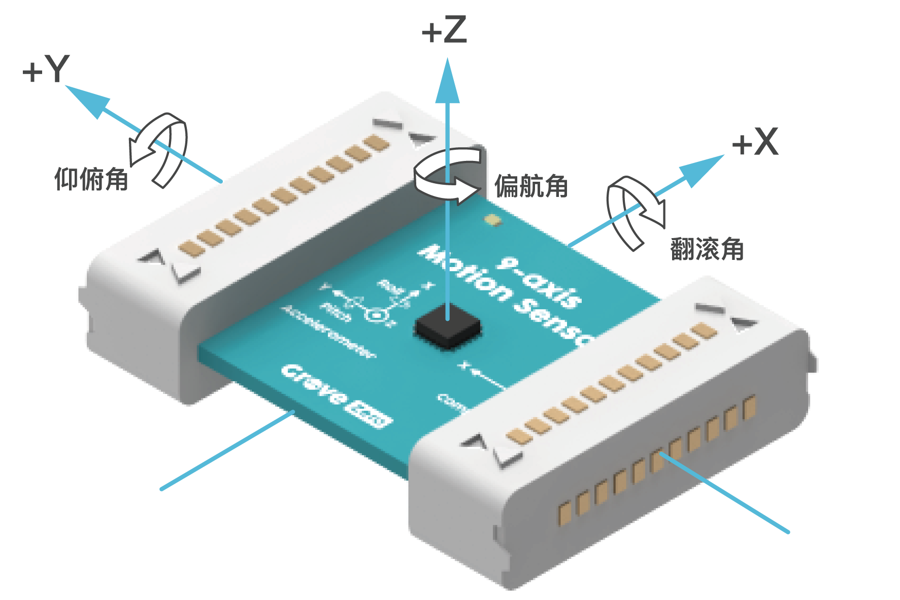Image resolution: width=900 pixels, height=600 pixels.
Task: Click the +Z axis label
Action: [x=444, y=30]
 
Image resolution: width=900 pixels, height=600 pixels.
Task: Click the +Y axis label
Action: [x=46, y=70]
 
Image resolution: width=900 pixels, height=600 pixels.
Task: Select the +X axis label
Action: [x=755, y=142]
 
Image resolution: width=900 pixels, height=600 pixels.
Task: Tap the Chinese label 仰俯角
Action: [x=91, y=179]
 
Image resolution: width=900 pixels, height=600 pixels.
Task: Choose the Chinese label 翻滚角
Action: [x=707, y=249]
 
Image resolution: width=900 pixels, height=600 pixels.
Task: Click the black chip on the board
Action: [x=447, y=328]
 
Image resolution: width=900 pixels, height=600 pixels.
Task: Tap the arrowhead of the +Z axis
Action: [x=447, y=81]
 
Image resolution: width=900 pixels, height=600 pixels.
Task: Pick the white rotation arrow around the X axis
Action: [x=635, y=211]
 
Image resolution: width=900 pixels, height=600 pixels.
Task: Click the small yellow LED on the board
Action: [x=492, y=220]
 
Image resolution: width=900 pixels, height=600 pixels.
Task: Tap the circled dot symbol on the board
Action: [x=376, y=315]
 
